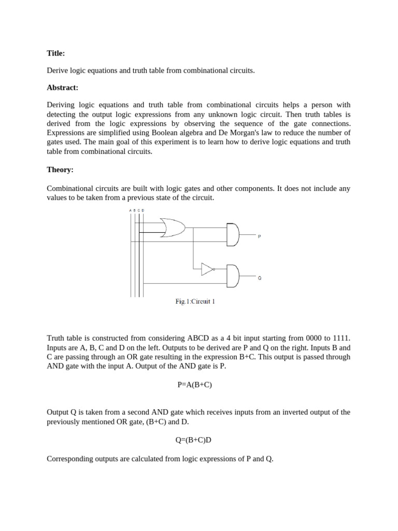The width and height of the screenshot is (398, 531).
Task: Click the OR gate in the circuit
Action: coord(173,228)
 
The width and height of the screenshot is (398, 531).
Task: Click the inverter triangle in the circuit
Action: coord(207,269)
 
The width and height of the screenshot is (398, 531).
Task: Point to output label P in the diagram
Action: coord(259,236)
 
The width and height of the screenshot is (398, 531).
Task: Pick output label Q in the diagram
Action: coord(259,278)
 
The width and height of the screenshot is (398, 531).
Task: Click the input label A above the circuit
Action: coord(130,210)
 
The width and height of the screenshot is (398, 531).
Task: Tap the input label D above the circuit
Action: coord(143,210)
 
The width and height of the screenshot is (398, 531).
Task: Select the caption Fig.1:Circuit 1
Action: coord(194,302)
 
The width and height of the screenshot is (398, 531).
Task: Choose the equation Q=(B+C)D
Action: coord(194,440)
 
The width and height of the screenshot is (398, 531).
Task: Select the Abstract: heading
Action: coord(63,88)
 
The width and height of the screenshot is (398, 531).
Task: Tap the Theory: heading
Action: coord(60,170)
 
